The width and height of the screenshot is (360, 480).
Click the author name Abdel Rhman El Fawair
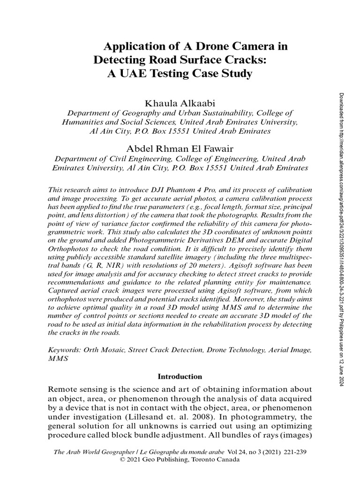point(180,148)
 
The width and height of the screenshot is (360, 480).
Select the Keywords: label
point(64,350)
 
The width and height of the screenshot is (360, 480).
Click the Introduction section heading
point(180,376)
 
